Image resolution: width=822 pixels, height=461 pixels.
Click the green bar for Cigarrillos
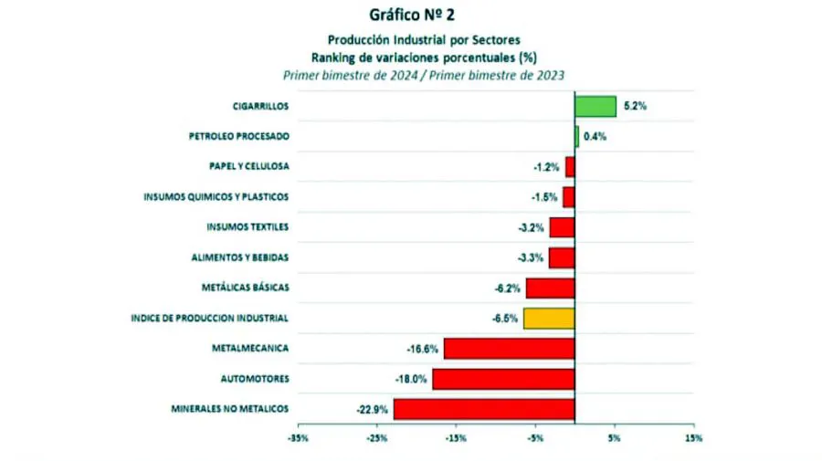click(595, 106)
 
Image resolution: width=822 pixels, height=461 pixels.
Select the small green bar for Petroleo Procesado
click(576, 136)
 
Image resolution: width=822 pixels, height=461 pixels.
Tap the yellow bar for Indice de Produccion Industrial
click(548, 318)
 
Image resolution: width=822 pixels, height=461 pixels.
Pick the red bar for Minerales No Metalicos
click(483, 408)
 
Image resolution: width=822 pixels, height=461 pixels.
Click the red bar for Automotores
click(502, 378)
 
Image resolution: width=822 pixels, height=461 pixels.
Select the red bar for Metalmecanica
click(509, 348)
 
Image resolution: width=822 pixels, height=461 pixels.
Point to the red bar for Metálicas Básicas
click(550, 288)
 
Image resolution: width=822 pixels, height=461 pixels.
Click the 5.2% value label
click(635, 106)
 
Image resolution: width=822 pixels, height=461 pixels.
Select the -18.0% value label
click(412, 378)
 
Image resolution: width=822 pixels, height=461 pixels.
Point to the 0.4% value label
click(595, 136)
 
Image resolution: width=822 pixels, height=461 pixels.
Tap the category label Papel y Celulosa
click(249, 166)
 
